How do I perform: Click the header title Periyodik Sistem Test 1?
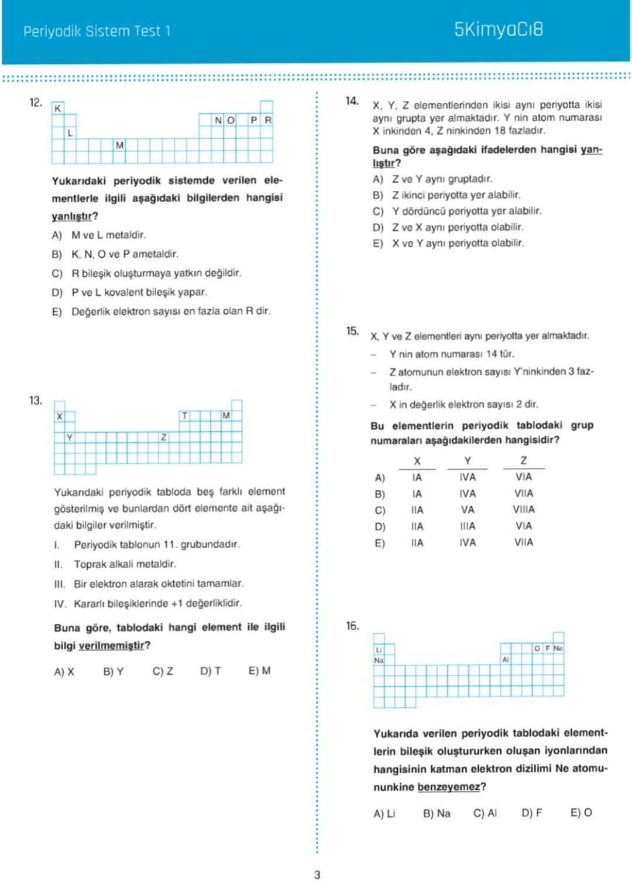97,31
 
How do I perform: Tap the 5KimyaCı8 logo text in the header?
499,29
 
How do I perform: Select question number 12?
36,103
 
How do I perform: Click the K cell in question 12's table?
57,108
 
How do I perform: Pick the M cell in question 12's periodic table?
119,145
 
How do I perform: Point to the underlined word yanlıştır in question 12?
71,216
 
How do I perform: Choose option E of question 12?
57,312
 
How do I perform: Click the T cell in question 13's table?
184,415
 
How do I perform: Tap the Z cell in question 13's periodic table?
163,437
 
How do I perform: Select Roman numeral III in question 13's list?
59,584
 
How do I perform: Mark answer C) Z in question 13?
163,671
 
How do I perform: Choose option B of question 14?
378,195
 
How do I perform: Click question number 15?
352,332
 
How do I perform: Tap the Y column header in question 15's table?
468,461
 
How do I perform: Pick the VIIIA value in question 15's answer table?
524,510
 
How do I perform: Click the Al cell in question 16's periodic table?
506,660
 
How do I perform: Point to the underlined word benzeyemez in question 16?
448,787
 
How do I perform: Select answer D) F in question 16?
531,813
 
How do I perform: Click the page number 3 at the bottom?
317,874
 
